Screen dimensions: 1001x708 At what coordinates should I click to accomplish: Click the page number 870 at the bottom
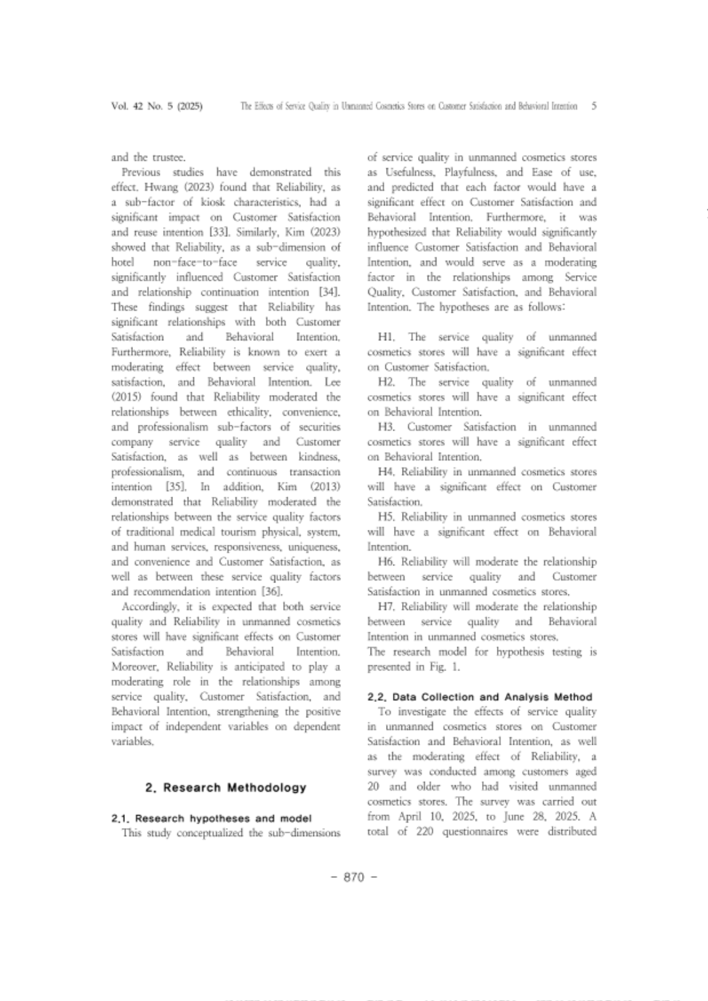(354, 877)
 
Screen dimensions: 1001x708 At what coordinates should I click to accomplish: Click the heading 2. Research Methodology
(225, 787)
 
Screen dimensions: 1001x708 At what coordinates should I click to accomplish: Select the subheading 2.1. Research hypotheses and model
(211, 818)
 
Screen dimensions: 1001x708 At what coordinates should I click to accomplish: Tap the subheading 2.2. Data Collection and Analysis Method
(480, 697)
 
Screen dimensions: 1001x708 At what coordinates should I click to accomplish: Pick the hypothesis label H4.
(386, 472)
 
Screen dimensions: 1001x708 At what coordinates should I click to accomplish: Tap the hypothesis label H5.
(386, 517)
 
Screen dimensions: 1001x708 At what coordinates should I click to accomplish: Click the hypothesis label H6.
(386, 562)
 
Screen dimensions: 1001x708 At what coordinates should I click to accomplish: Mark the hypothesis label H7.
(386, 607)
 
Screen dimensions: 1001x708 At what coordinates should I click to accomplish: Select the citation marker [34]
(329, 292)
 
